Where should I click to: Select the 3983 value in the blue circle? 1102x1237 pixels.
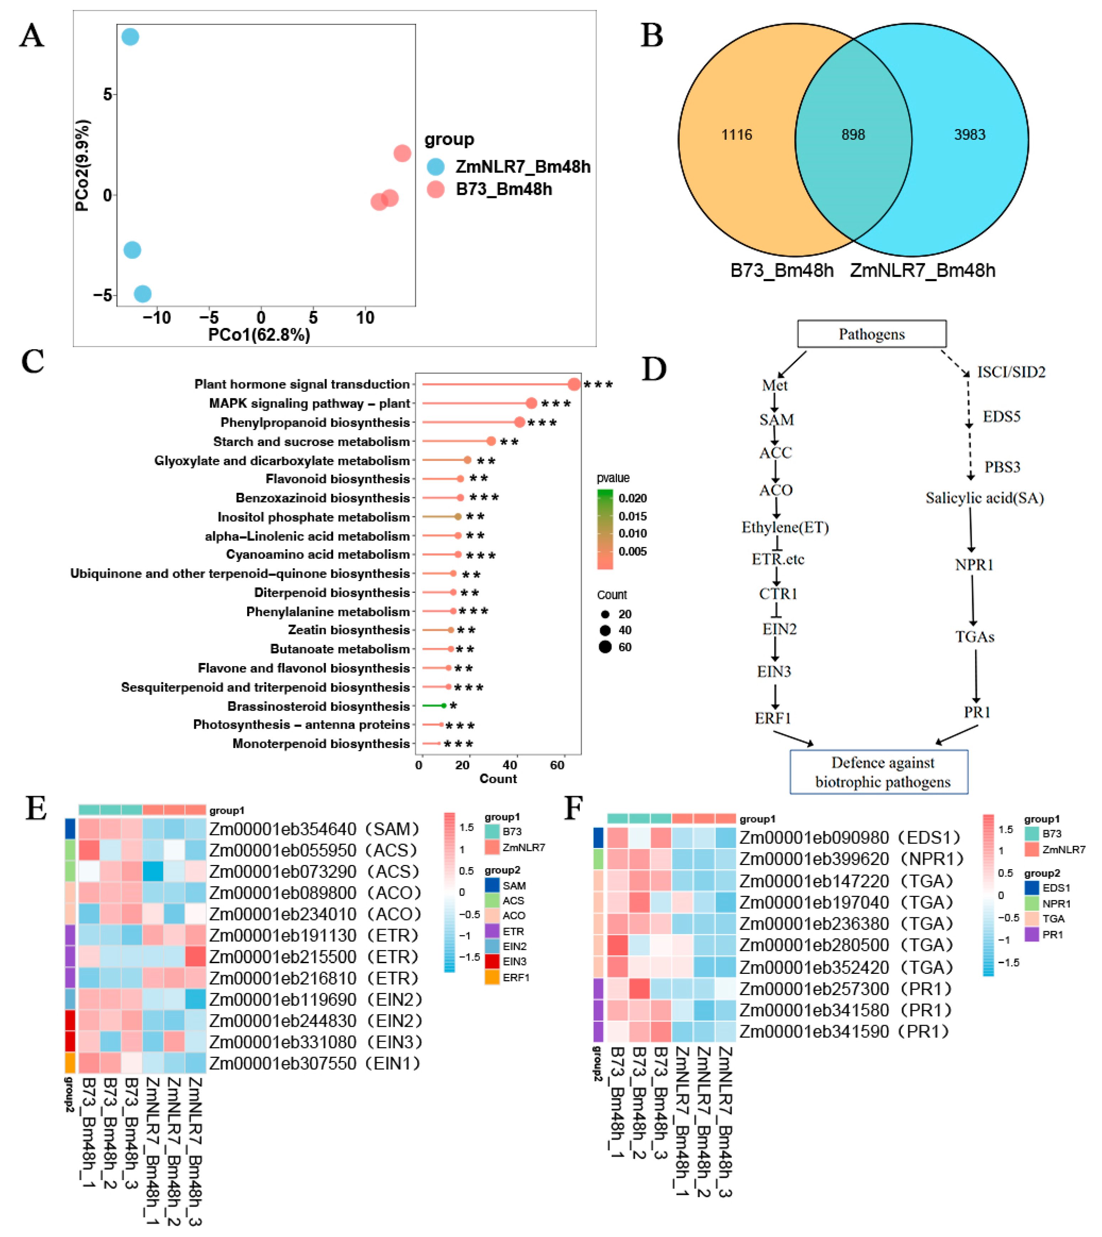[969, 134]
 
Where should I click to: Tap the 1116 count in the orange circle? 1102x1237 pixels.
[736, 134]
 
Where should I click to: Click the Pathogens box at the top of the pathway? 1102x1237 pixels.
[871, 334]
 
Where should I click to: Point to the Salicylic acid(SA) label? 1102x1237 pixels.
[985, 498]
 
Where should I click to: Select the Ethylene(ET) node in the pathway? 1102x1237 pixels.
[785, 527]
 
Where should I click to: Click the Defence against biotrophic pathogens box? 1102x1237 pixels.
[879, 772]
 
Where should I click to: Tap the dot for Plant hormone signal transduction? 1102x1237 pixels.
[574, 384]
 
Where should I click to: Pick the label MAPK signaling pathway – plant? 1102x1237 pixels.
[309, 403]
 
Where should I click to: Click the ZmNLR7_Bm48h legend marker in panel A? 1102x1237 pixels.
[435, 166]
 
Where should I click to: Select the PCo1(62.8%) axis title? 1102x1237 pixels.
[259, 335]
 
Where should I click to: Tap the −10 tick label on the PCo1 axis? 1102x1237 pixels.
[156, 318]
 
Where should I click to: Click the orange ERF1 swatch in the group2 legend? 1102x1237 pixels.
[492, 977]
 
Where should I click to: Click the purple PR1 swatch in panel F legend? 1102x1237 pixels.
[1032, 934]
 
